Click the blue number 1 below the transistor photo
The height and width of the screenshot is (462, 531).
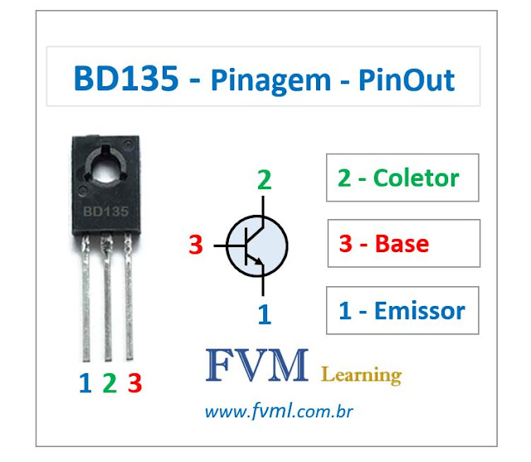pos(85,383)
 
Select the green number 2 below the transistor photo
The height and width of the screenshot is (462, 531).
pos(109,383)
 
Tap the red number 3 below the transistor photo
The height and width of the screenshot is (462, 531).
pos(134,383)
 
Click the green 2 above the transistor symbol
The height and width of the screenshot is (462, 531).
pos(264,180)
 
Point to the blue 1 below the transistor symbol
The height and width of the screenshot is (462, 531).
pos(264,314)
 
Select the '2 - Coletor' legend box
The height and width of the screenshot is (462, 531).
pos(402,178)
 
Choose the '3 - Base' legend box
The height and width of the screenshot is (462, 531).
pos(402,244)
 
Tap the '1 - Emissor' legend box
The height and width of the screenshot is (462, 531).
pos(402,311)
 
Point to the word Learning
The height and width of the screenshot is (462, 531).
pos(361,375)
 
